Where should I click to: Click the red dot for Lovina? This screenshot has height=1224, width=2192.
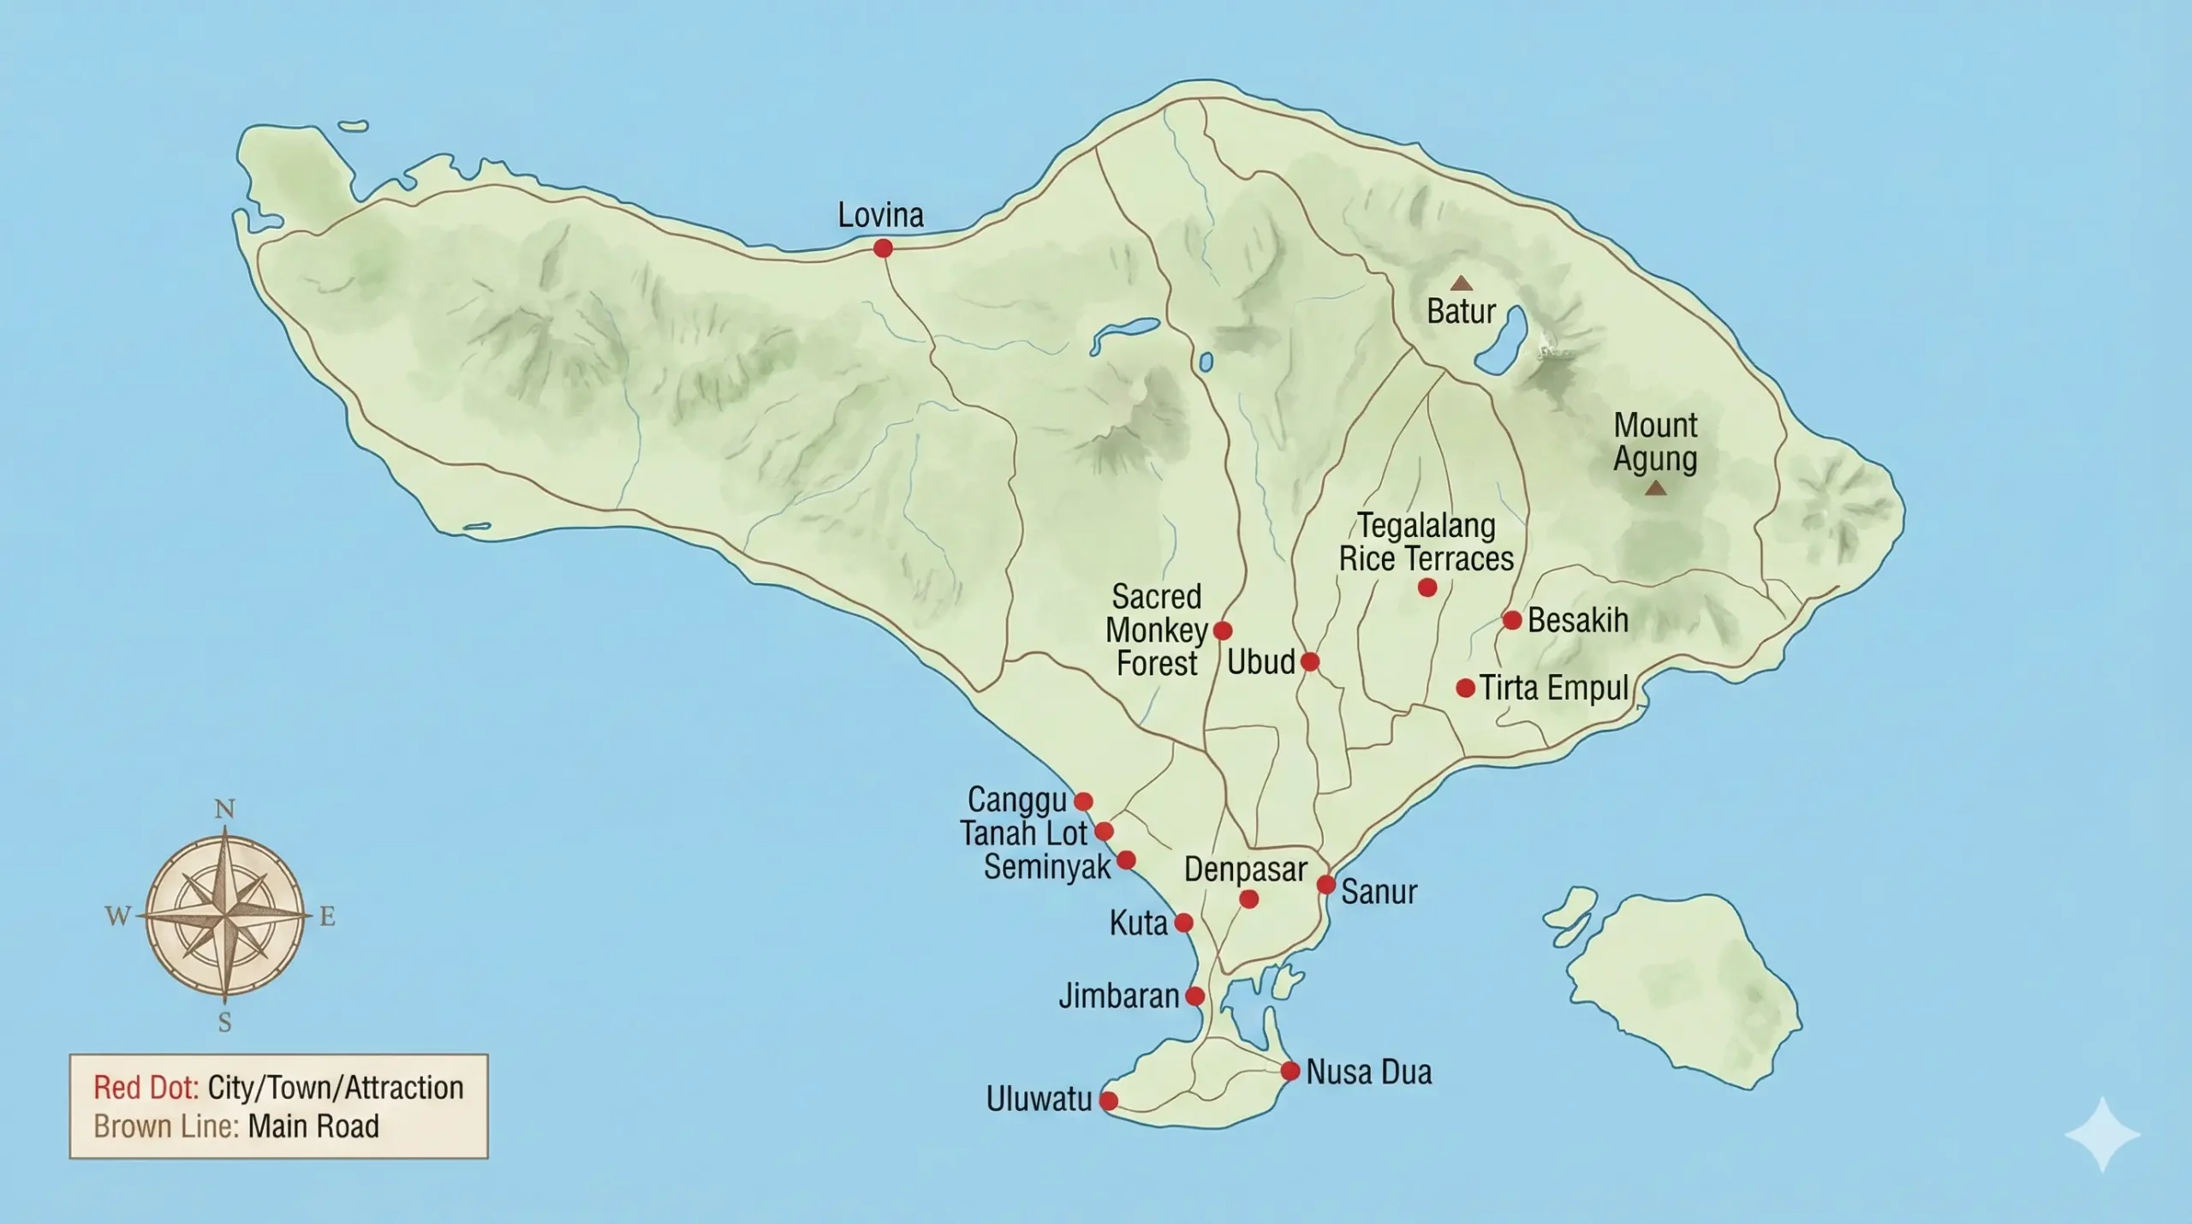883,248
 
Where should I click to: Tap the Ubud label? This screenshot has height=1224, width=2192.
1260,662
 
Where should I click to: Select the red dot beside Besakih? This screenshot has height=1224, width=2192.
1512,620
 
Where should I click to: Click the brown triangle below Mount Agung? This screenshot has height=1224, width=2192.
1656,488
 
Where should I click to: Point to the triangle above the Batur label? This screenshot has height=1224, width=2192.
1461,284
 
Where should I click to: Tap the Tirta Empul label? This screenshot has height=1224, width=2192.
1554,688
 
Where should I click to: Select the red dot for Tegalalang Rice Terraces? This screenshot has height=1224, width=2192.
1427,588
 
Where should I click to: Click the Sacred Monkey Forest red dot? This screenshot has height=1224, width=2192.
1223,631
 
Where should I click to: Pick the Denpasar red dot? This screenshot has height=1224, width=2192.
1248,899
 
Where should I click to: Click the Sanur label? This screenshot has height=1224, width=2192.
1379,892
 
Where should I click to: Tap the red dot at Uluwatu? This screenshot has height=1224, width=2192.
1108,1101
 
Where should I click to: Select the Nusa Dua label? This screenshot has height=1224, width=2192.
1368,1072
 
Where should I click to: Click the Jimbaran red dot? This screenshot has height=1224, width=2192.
1194,996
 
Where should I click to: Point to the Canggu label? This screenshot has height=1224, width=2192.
1016,800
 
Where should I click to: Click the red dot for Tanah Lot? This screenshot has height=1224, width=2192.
1104,832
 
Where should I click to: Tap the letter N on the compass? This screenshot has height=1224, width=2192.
224,809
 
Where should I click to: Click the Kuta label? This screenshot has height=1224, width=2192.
1138,923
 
